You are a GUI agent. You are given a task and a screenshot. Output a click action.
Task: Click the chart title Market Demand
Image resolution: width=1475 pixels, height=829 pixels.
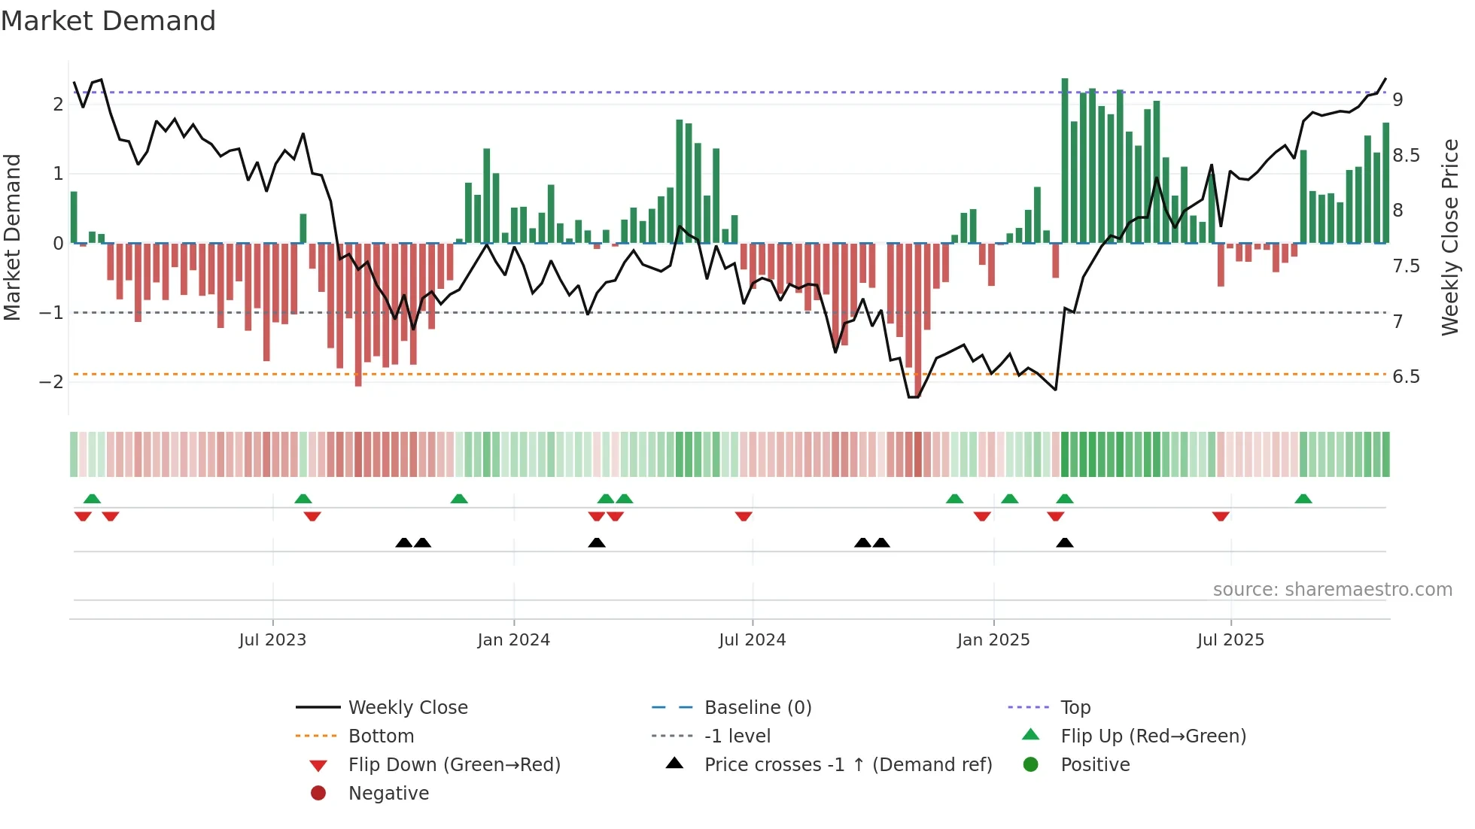pyautogui.click(x=108, y=21)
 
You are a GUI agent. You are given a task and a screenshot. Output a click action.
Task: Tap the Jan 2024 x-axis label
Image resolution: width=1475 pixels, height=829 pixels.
pyautogui.click(x=513, y=640)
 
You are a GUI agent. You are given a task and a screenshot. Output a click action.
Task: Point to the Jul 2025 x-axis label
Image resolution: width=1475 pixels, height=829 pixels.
pyautogui.click(x=1230, y=640)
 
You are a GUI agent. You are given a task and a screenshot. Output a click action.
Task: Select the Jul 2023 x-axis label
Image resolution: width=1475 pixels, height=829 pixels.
pyautogui.click(x=272, y=640)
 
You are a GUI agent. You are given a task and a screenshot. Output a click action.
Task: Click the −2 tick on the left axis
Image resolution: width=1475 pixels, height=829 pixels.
pyautogui.click(x=51, y=382)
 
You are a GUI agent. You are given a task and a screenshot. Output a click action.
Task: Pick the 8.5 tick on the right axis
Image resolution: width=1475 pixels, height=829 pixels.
pyautogui.click(x=1406, y=156)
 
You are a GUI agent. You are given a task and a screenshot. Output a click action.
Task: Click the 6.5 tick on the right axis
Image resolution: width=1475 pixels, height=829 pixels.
pyautogui.click(x=1406, y=377)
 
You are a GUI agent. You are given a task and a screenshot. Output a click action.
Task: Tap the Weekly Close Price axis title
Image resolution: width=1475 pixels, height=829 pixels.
pyautogui.click(x=1449, y=237)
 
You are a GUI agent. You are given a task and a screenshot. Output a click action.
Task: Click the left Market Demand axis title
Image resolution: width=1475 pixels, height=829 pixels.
pyautogui.click(x=13, y=237)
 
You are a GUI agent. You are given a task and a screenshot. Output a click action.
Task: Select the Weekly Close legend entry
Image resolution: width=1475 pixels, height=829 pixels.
pyautogui.click(x=407, y=708)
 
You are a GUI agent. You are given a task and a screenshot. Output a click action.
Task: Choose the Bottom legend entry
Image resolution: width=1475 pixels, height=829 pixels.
pyautogui.click(x=381, y=736)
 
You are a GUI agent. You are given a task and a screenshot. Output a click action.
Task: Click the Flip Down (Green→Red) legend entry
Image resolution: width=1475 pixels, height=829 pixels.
pyautogui.click(x=454, y=765)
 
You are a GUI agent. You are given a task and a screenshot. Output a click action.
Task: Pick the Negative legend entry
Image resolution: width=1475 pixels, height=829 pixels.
pyautogui.click(x=388, y=794)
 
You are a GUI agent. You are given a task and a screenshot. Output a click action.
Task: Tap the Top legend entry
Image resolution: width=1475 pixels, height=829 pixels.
pyautogui.click(x=1075, y=708)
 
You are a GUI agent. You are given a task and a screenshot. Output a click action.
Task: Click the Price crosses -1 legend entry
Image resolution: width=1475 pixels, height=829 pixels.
pyautogui.click(x=847, y=765)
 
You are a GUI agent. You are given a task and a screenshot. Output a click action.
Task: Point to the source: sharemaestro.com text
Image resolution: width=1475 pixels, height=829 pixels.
pyautogui.click(x=1332, y=590)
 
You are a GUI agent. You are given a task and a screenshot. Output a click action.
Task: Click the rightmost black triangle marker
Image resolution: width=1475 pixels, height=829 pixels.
pyautogui.click(x=1064, y=542)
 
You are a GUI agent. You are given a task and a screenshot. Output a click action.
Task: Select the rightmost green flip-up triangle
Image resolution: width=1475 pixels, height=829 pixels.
pyautogui.click(x=1303, y=499)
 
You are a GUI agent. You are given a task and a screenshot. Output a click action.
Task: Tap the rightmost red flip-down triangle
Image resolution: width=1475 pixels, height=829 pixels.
pyautogui.click(x=1221, y=516)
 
